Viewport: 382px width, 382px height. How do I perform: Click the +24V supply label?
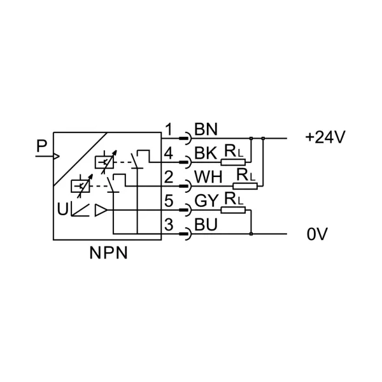325,137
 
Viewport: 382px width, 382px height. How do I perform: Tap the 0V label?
317,234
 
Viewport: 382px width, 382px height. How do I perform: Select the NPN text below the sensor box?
109,253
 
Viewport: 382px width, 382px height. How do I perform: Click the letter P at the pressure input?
41,146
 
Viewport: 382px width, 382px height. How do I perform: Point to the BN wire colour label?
206,129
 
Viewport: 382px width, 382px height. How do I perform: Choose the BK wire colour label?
206,153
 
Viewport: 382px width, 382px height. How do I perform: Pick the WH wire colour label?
208,177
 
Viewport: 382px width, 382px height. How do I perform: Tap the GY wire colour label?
206,201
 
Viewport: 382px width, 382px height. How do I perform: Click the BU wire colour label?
206,225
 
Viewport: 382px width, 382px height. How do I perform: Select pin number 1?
169,129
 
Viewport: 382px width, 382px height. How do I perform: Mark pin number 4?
169,153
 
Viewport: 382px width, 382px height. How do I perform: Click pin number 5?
169,201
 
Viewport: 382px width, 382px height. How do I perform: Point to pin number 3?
169,225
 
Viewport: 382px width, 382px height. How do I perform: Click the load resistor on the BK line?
233,162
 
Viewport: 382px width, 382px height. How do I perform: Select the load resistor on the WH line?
245,186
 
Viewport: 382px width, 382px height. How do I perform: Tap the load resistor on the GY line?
233,209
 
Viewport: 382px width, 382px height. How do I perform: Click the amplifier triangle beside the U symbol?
101,210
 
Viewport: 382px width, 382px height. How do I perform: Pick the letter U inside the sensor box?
62,209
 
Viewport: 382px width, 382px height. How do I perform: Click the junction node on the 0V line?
251,234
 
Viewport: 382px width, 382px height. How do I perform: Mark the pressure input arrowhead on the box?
56,156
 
